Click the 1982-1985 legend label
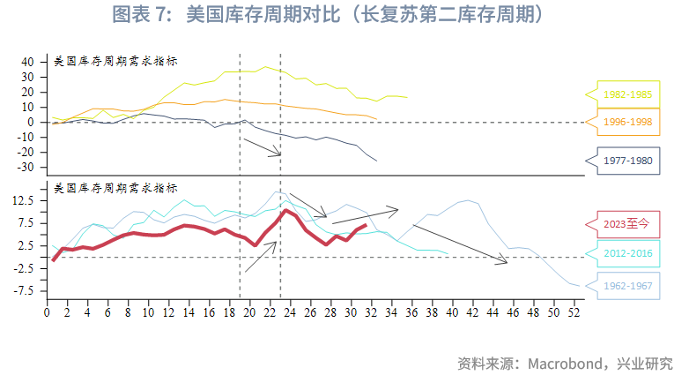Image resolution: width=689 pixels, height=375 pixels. pos(629,94)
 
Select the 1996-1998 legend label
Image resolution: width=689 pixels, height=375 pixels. pos(629,122)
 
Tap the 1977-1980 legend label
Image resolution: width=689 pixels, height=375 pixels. pos(629,161)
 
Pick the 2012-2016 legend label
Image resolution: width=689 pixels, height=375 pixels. pos(629,255)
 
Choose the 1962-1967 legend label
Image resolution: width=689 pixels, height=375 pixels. pos(629,285)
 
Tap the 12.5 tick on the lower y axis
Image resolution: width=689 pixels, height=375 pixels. pos(25,201)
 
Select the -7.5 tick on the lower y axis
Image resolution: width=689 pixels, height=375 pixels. pos(25,291)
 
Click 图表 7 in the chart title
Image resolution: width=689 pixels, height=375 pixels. pos(139,15)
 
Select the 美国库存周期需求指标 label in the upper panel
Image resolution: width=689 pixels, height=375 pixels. pos(115,62)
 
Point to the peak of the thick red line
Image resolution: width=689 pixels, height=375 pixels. pos(284,210)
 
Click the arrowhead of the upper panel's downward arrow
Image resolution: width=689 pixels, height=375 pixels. pos(280,155)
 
